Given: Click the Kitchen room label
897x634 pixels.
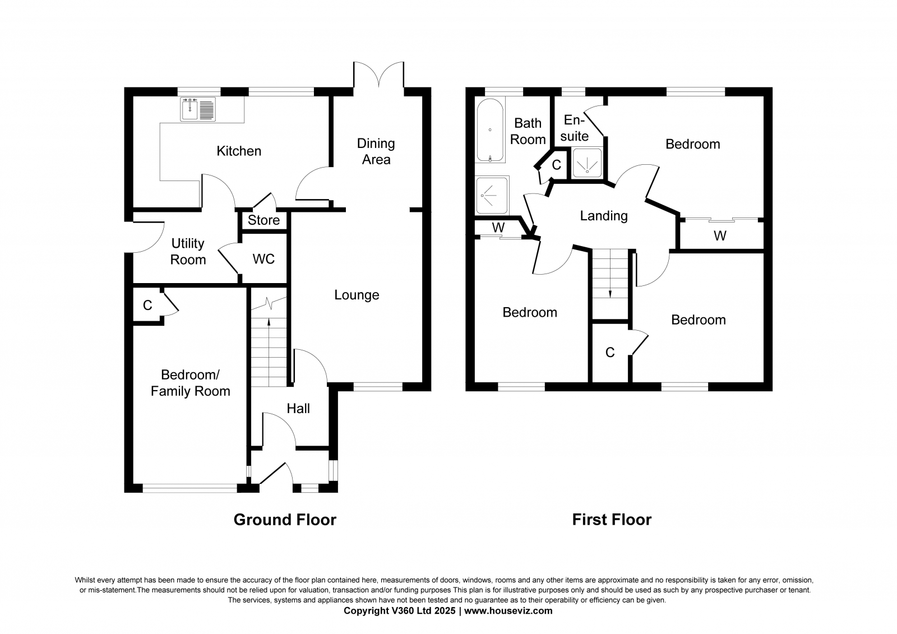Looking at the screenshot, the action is tap(239, 151).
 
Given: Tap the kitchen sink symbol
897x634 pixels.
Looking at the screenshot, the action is tap(198, 109).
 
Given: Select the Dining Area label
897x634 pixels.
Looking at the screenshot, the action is tap(376, 151).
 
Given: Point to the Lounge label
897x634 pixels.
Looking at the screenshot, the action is tap(357, 295).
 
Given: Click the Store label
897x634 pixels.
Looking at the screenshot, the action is tap(263, 220).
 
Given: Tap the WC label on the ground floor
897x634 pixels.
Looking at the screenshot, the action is tap(263, 259).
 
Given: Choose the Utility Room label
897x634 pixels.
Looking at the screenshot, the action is tap(188, 252).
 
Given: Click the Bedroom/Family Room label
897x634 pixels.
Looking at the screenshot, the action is tap(190, 383).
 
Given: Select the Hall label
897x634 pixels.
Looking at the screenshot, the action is tap(298, 409).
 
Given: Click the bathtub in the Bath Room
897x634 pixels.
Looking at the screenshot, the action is tap(490, 129).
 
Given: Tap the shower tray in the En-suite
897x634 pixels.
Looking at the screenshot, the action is tap(587, 163).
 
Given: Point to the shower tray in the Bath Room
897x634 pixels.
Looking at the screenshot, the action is tap(492, 196).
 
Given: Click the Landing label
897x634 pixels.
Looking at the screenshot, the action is tap(604, 216).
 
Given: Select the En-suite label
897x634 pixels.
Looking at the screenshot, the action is tap(575, 128).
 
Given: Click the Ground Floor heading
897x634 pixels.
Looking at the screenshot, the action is tap(285, 520).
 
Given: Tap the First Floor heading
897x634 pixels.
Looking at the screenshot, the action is tap(612, 520).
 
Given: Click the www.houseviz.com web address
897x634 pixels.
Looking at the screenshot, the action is tap(508, 611).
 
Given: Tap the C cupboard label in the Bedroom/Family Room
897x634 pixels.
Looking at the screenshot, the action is tap(147, 306).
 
